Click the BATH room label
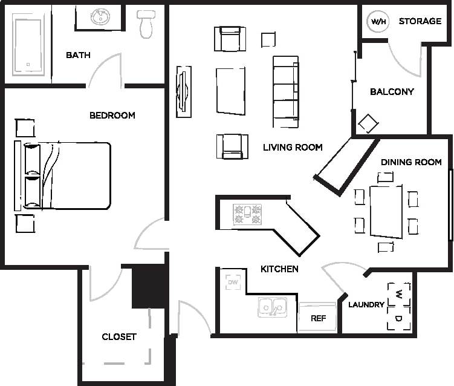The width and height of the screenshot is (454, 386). pyautogui.click(x=78, y=55)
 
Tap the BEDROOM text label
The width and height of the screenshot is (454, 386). pyautogui.click(x=112, y=115)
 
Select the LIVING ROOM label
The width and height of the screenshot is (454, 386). pyautogui.click(x=293, y=147)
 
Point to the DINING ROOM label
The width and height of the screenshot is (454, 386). pyautogui.click(x=411, y=162)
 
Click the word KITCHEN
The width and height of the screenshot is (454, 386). pyautogui.click(x=279, y=269)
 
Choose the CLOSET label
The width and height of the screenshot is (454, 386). pyautogui.click(x=119, y=336)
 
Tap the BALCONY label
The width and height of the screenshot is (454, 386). pyautogui.click(x=392, y=92)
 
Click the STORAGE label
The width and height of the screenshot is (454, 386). pyautogui.click(x=420, y=21)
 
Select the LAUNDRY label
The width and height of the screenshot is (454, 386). pyautogui.click(x=366, y=304)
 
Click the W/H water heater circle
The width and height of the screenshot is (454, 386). pyautogui.click(x=378, y=22)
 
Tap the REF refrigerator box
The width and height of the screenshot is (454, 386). pyautogui.click(x=318, y=318)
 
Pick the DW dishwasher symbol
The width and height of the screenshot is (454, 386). pyautogui.click(x=233, y=282)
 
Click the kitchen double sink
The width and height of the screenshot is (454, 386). pyautogui.click(x=273, y=307)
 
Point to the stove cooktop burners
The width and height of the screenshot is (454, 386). pyautogui.click(x=248, y=214)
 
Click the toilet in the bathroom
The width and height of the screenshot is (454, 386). pyautogui.click(x=146, y=22)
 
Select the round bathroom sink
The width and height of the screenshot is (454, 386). pyautogui.click(x=100, y=17)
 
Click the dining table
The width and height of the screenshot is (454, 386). pyautogui.click(x=386, y=211)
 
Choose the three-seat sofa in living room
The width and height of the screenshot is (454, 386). pyautogui.click(x=285, y=91)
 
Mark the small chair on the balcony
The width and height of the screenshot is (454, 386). pyautogui.click(x=368, y=124)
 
